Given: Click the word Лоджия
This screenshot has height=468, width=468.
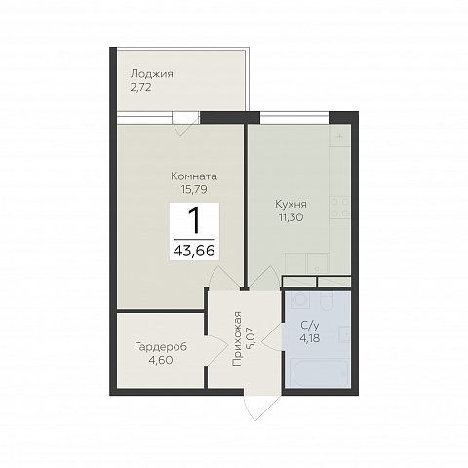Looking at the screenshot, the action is (x=152, y=74).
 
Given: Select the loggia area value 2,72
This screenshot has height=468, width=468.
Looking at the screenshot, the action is (x=140, y=88).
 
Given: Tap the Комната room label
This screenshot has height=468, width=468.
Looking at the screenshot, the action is (x=194, y=176).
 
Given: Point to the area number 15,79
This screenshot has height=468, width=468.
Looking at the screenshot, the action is (x=194, y=189).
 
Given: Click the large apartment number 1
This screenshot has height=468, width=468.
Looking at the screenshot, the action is (x=194, y=220).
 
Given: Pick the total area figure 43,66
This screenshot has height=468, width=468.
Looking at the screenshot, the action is (x=194, y=251).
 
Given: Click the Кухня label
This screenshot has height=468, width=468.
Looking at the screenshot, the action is (x=291, y=205).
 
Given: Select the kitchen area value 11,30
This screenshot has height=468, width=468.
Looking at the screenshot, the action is (x=291, y=217).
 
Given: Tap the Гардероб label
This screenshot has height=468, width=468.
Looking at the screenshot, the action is (x=161, y=347).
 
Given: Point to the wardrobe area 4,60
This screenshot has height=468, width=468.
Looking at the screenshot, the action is (x=159, y=360).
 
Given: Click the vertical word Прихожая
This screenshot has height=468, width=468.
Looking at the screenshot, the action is (x=238, y=339).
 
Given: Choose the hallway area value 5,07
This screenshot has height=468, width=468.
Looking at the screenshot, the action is (x=251, y=338).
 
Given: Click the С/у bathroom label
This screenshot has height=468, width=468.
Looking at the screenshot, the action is (x=309, y=326).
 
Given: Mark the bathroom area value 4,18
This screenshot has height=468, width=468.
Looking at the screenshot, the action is (x=310, y=338).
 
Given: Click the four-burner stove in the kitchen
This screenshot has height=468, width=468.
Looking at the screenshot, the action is (x=340, y=208).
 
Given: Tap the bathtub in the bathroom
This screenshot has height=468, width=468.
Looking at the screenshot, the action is (x=320, y=373).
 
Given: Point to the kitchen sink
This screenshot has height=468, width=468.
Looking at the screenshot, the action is (x=317, y=264).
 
